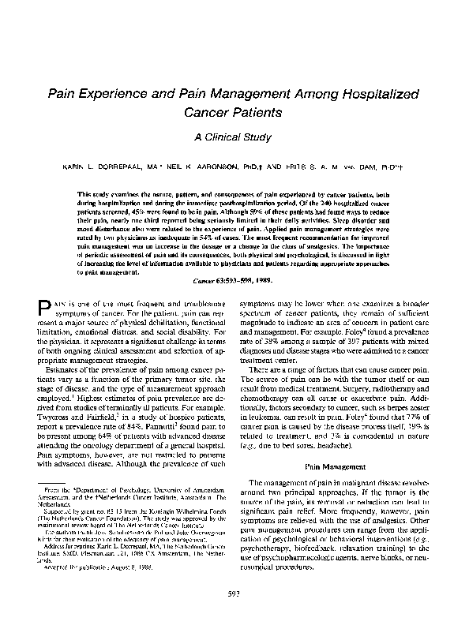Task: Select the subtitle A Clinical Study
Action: click(234, 137)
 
